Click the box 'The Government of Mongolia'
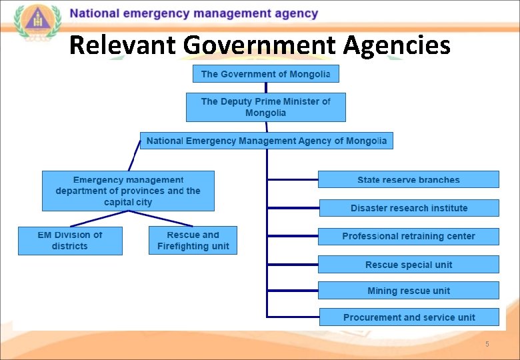(x=265, y=74)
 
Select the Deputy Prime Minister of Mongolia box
(x=265, y=107)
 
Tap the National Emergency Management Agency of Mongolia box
(x=266, y=141)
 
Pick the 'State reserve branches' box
(x=408, y=179)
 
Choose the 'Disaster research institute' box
(x=409, y=208)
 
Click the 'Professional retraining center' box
(x=408, y=236)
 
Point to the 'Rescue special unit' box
(x=408, y=265)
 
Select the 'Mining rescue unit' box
(x=408, y=291)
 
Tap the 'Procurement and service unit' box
(x=409, y=317)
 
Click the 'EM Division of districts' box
(x=70, y=241)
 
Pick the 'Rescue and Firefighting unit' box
(x=193, y=241)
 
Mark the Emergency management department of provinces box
(x=128, y=191)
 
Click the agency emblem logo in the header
(x=37, y=23)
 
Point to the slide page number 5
(x=487, y=344)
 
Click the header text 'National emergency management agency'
(x=193, y=13)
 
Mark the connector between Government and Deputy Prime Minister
(x=266, y=87)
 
